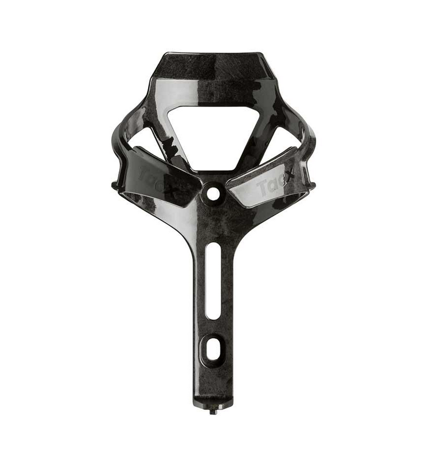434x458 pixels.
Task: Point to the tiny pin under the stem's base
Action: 214,411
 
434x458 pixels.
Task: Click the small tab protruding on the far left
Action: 115,184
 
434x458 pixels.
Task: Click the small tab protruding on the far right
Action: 312,184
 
